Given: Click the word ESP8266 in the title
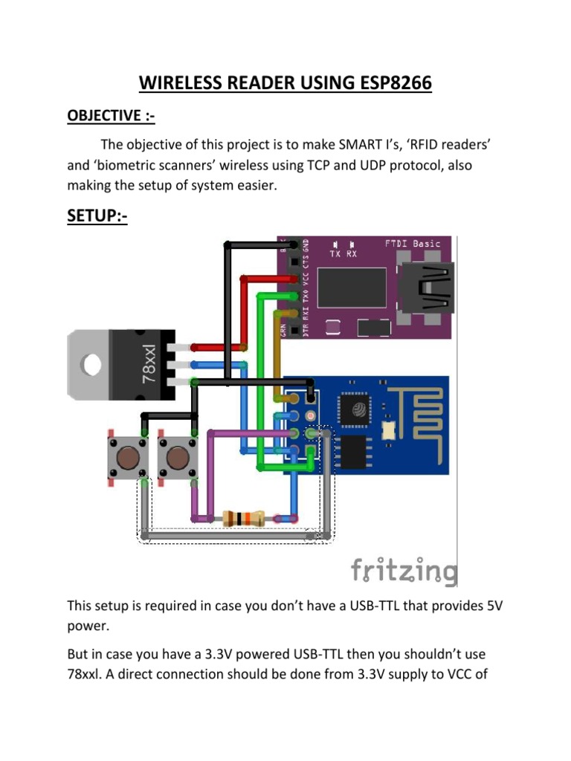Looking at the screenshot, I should (387, 84).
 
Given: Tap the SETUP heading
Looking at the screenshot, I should (97, 216).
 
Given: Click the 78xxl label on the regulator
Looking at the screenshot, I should (148, 363).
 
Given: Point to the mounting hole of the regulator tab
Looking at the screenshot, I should (91, 364).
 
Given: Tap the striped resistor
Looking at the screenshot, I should (244, 518).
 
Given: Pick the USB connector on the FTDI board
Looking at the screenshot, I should (427, 289).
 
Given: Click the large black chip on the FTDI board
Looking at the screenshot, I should (352, 288).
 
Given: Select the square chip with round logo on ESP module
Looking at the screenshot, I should (359, 412).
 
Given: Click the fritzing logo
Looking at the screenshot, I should (404, 571).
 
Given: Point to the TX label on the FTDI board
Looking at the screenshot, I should (335, 253).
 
